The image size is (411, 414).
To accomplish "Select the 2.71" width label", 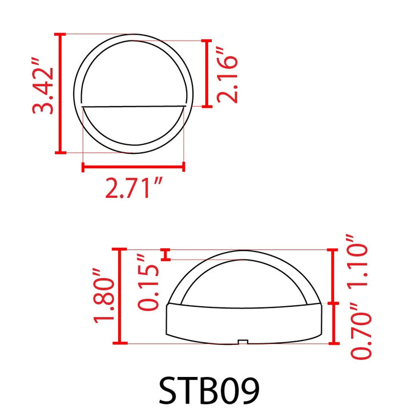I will click(x=134, y=188).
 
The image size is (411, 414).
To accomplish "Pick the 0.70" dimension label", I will click(x=361, y=331).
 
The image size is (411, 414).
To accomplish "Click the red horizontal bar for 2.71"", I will click(x=134, y=167).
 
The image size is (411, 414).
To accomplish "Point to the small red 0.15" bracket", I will click(x=166, y=254).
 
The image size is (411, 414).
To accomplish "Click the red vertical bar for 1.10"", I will click(x=333, y=277).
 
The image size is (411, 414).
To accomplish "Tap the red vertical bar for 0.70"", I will click(x=333, y=323).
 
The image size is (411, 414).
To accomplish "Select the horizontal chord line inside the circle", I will click(x=134, y=106).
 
